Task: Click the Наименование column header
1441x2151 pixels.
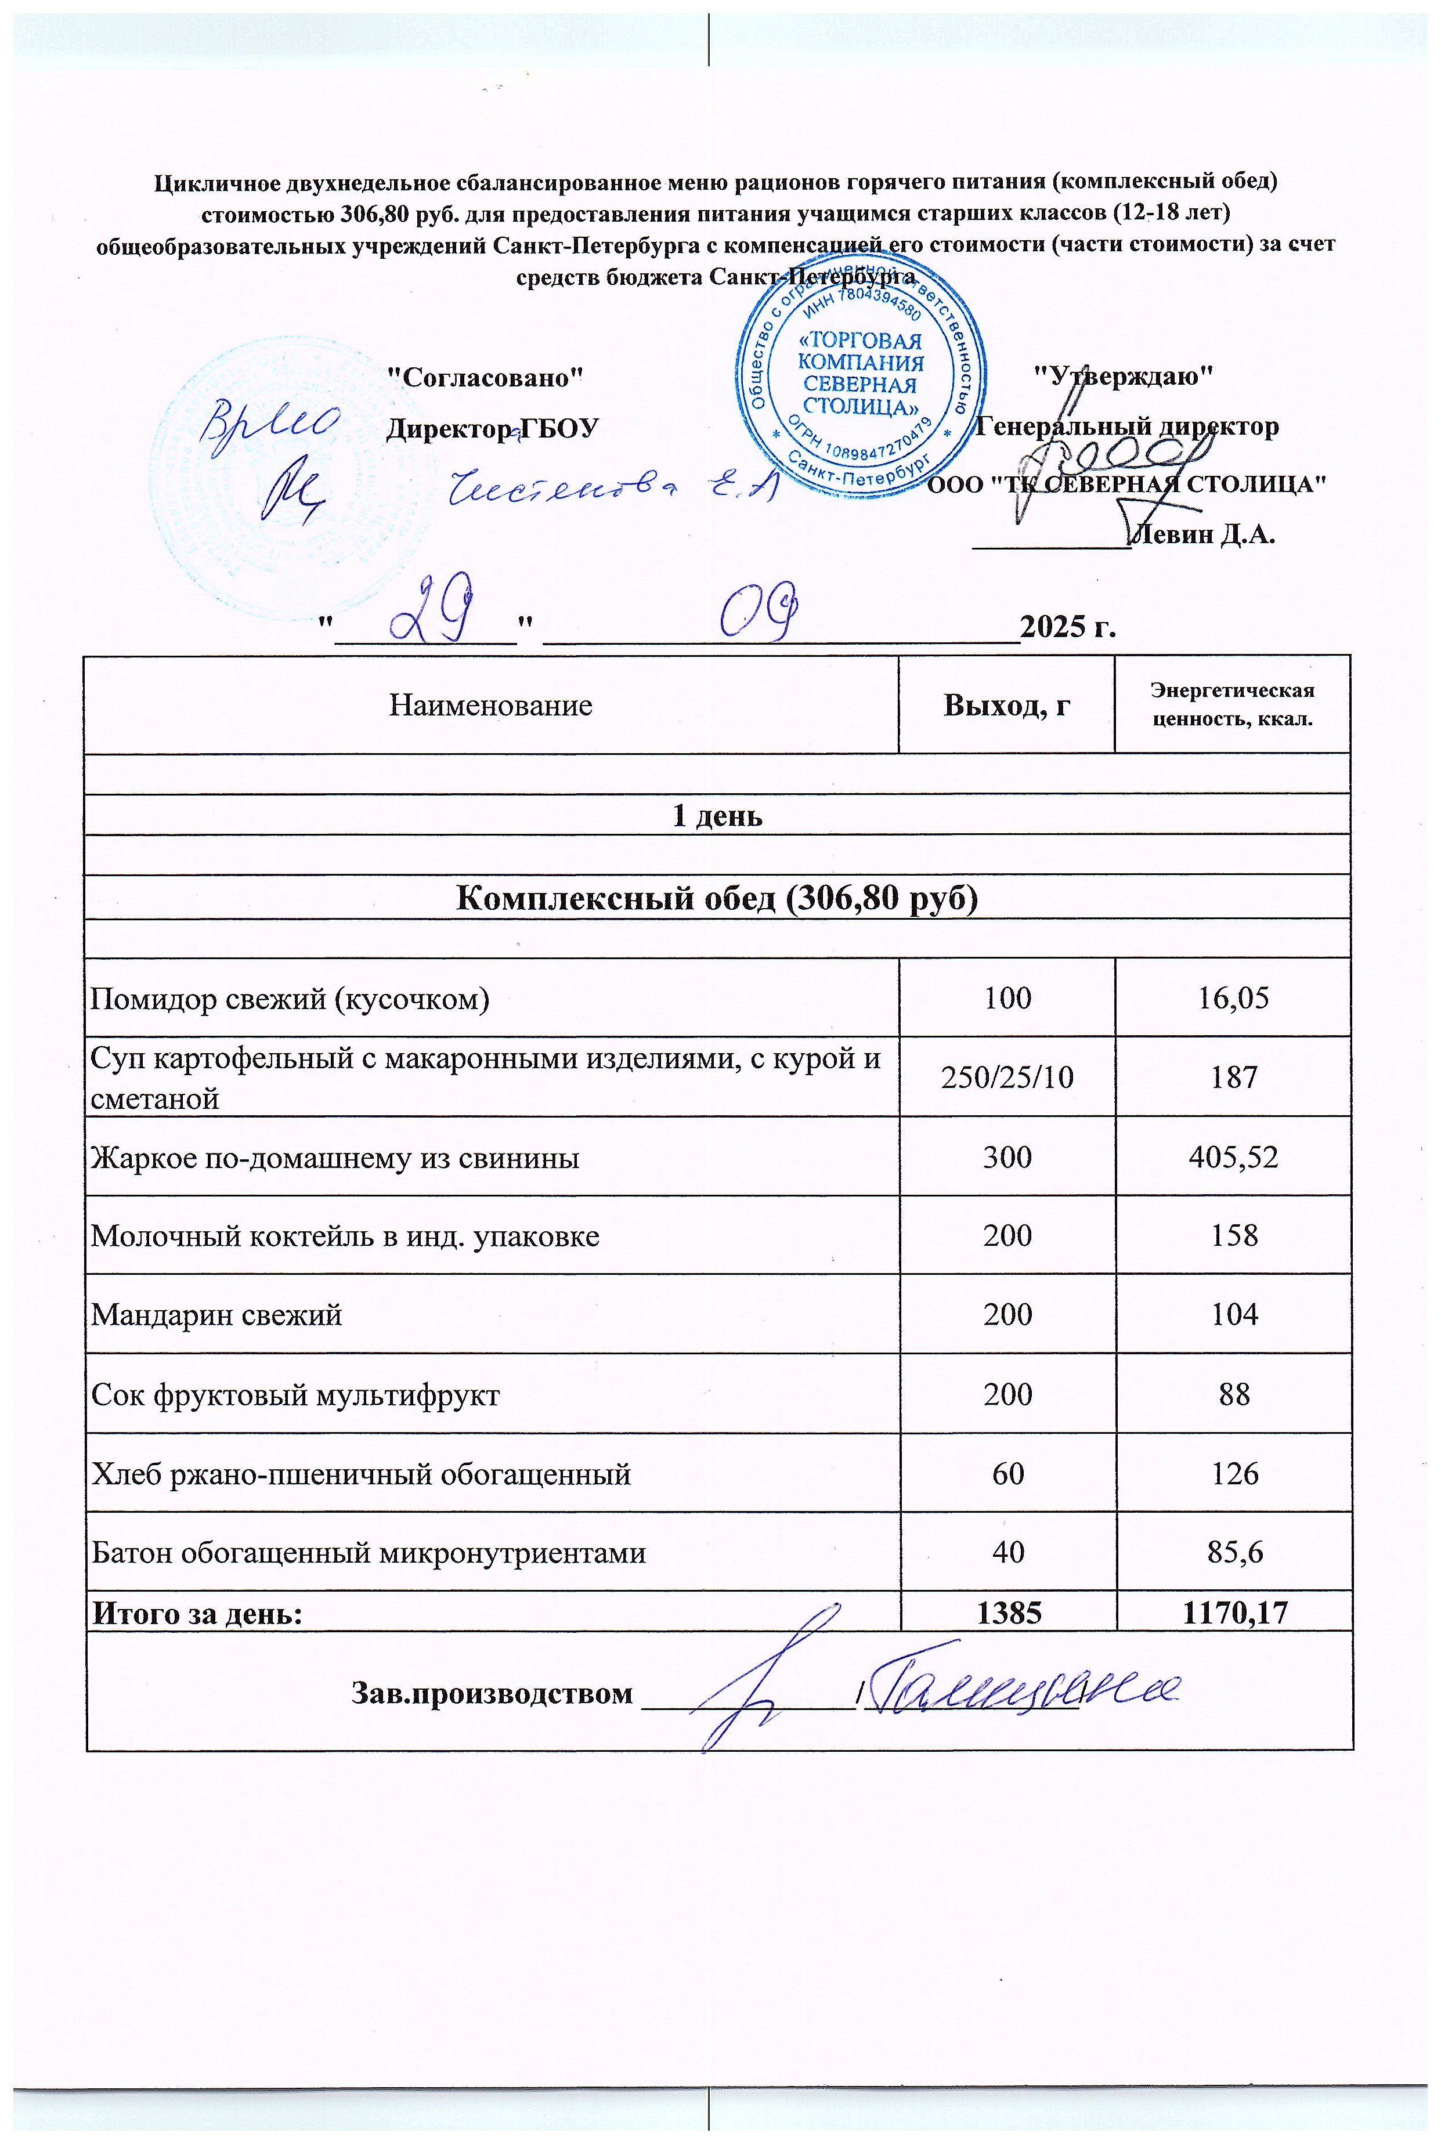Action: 491,706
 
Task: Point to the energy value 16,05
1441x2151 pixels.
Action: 1233,998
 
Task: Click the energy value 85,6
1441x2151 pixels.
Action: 1233,1553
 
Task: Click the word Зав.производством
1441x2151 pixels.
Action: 493,1693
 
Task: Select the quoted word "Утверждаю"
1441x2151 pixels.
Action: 1123,376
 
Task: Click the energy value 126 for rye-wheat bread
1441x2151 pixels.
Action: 1233,1474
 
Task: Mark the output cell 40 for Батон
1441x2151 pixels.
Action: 1007,1553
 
